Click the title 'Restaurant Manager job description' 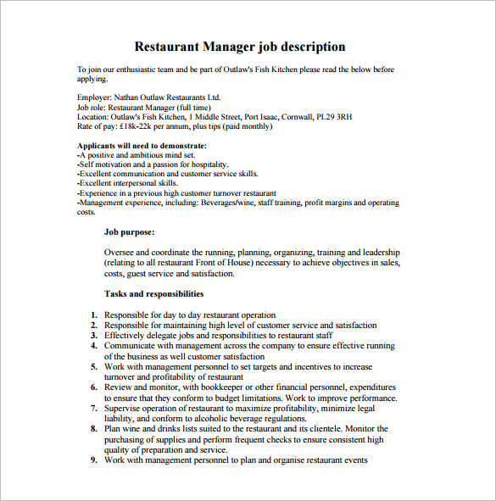click(x=240, y=47)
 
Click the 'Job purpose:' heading click(x=130, y=231)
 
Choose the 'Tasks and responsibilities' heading click(x=153, y=294)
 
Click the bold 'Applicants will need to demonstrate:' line click(x=142, y=146)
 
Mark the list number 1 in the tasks click(x=94, y=315)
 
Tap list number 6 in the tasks click(x=94, y=387)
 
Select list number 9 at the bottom click(x=94, y=460)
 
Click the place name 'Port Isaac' click(x=263, y=117)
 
